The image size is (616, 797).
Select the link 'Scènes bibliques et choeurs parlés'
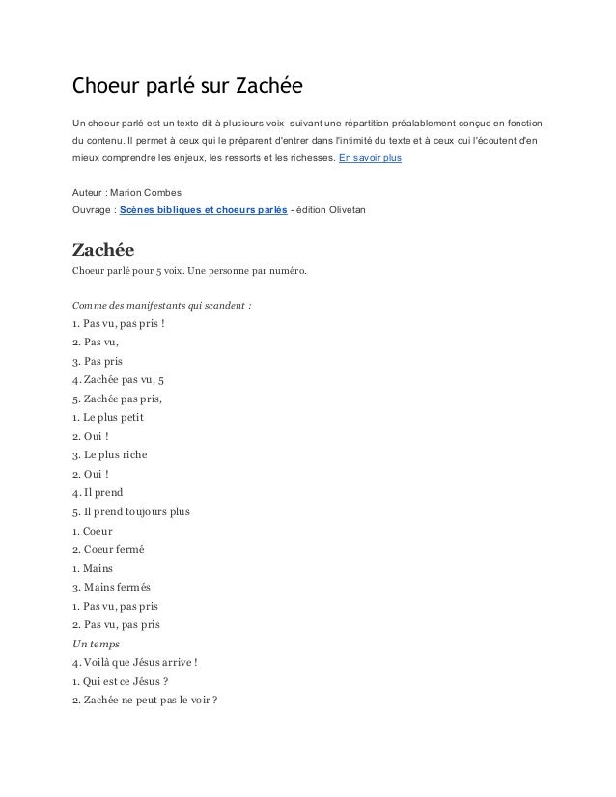pyautogui.click(x=203, y=210)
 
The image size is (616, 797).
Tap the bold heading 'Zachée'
pyautogui.click(x=107, y=249)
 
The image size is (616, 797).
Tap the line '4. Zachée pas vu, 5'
pyautogui.click(x=121, y=379)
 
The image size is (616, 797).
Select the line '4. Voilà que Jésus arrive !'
pyautogui.click(x=136, y=662)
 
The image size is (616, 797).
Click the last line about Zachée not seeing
pyautogui.click(x=145, y=700)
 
